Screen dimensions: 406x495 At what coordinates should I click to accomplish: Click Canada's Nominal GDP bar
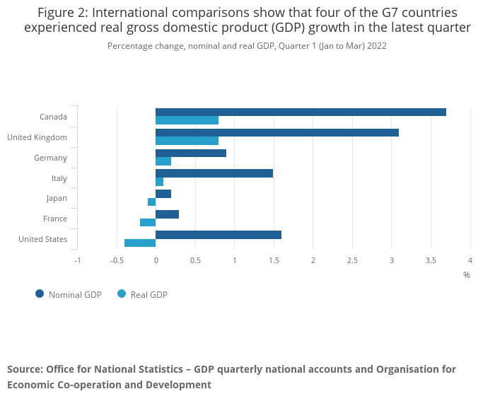pyautogui.click(x=301, y=112)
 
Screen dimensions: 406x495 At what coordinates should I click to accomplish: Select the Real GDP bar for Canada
pyautogui.click(x=187, y=120)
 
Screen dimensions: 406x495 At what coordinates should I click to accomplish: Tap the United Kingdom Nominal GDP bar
pyautogui.click(x=277, y=132)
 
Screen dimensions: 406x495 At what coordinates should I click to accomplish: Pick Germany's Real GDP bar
pyautogui.click(x=163, y=161)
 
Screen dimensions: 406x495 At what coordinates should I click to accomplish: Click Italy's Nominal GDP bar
pyautogui.click(x=214, y=173)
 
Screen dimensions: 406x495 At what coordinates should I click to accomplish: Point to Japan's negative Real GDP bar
pyautogui.click(x=152, y=202)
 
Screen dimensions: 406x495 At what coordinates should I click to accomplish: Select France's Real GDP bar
pyautogui.click(x=148, y=222)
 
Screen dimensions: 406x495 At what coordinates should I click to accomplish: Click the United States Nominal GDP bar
pyautogui.click(x=219, y=235)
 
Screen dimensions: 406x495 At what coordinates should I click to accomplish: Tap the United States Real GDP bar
pyautogui.click(x=140, y=243)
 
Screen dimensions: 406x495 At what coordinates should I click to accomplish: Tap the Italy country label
pyautogui.click(x=59, y=178)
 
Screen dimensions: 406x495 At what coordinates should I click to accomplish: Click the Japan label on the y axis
pyautogui.click(x=57, y=199)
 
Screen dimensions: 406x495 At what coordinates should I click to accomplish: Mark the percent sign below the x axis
pyautogui.click(x=467, y=275)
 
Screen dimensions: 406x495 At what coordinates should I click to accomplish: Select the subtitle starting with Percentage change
pyautogui.click(x=247, y=46)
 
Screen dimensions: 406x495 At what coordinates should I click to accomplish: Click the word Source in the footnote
pyautogui.click(x=25, y=369)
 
